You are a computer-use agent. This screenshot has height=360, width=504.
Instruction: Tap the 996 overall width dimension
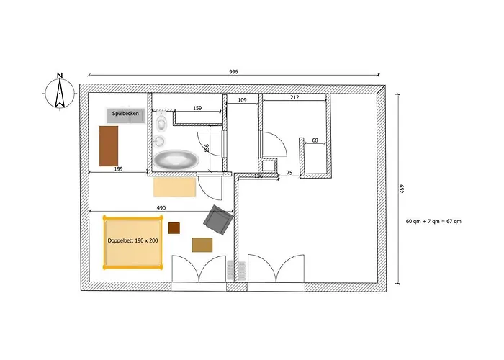pos(233,72)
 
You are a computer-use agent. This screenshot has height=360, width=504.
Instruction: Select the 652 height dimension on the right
pos(402,189)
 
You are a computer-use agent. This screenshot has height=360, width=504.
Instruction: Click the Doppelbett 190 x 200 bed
pos(132,241)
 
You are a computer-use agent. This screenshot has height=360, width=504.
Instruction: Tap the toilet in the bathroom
pos(160,120)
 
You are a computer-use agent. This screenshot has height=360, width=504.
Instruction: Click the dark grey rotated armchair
pos(219,220)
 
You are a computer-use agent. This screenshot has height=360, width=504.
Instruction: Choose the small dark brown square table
pos(174,228)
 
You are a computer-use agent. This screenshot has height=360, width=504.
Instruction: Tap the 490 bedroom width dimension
pos(161,208)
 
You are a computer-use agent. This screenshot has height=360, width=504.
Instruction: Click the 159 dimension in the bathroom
pos(197,109)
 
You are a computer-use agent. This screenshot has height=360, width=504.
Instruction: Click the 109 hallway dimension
pos(242,100)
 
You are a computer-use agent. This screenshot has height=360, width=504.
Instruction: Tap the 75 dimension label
pos(289,173)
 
